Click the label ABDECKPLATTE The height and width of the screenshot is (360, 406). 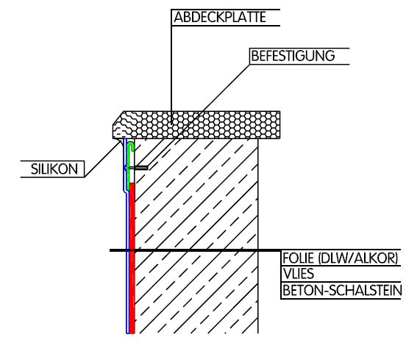coord(220,18)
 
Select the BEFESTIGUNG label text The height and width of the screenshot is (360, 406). coord(293,56)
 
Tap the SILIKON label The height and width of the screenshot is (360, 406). coord(54,169)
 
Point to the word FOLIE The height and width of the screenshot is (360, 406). coord(299,258)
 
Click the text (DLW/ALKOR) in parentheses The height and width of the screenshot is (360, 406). coord(358,258)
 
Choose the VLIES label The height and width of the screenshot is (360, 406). coord(299,274)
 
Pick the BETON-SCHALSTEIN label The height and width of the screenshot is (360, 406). coord(342,290)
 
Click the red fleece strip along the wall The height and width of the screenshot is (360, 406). coord(132,258)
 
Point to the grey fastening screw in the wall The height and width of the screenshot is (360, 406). coord(139,168)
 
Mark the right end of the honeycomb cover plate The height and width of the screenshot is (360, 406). coord(280,125)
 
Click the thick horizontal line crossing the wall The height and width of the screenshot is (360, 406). coord(196,250)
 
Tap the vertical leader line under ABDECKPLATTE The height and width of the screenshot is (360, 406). coord(171,67)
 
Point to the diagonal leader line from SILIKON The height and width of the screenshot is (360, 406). coord(103,159)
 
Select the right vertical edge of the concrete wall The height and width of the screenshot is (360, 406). coord(258,236)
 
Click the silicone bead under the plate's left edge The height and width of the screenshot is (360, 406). coord(121,142)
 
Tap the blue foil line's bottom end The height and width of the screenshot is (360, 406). coord(127,333)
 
